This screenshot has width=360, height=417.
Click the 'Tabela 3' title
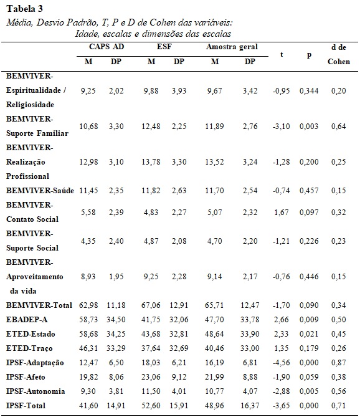pos(24,9)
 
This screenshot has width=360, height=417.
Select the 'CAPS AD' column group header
pos(107,47)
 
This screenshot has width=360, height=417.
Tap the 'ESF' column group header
pos(164,47)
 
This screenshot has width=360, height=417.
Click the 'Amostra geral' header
pos(232,47)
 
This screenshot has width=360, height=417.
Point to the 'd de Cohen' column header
pos(339,54)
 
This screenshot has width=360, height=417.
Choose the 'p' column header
pos(309,55)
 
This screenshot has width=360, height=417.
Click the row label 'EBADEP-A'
pos(27,319)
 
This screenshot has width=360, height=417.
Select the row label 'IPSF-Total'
pos(26,406)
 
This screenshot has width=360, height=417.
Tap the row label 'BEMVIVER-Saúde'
pos(40,190)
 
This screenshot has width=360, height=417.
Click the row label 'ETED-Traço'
pos(29,348)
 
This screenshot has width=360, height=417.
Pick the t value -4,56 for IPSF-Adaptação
pos(281,363)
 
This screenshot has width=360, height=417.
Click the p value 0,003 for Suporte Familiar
pos(309,127)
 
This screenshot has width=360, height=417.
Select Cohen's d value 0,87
pos(338,363)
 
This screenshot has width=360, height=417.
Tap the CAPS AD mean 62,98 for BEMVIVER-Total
pos(88,305)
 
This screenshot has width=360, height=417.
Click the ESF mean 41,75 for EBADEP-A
pos(151,320)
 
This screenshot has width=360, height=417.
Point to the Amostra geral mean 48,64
pos(214,334)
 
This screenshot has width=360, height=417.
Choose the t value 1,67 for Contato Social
pos(281,213)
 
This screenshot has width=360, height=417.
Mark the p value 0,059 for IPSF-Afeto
pos(309,377)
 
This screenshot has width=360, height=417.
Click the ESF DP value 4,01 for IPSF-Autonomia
pos(179,391)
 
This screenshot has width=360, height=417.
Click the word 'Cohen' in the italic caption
pos(163,22)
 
